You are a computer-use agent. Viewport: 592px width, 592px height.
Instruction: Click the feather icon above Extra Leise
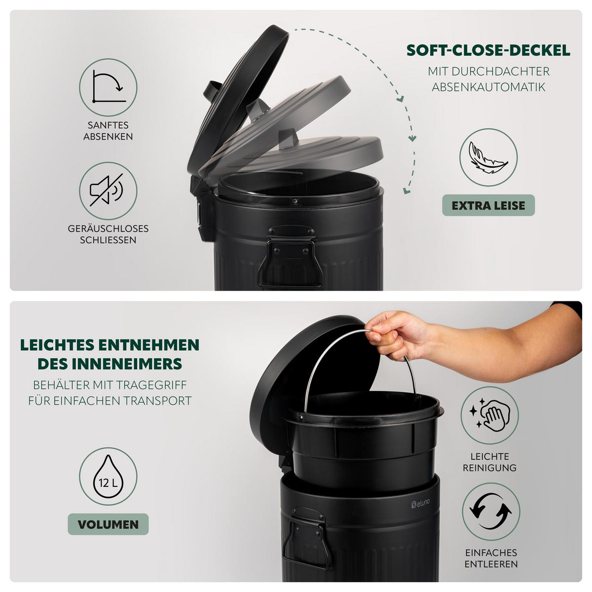click(488, 157)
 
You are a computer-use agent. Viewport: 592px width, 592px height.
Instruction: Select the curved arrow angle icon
click(108, 87)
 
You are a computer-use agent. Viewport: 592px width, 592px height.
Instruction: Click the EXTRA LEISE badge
click(488, 205)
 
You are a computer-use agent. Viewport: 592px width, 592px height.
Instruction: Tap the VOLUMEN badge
click(108, 524)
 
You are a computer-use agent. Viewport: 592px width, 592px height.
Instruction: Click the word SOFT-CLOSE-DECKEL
click(488, 51)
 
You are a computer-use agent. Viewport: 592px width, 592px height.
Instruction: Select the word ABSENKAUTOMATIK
click(488, 87)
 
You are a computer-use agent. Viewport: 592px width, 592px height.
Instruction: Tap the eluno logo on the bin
click(420, 503)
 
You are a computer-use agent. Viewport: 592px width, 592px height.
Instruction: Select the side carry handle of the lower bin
click(306, 537)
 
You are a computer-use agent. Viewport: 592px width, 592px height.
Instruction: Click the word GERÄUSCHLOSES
click(108, 228)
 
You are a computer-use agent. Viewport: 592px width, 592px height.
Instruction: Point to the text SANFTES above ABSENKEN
click(108, 125)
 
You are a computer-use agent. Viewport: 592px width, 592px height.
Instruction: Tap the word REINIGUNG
click(489, 468)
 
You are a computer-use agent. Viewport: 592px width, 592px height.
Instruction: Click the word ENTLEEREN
click(491, 564)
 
